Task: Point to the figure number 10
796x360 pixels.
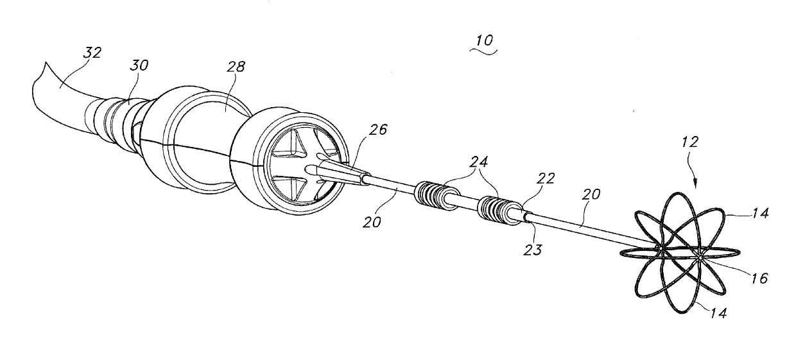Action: (x=485, y=40)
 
